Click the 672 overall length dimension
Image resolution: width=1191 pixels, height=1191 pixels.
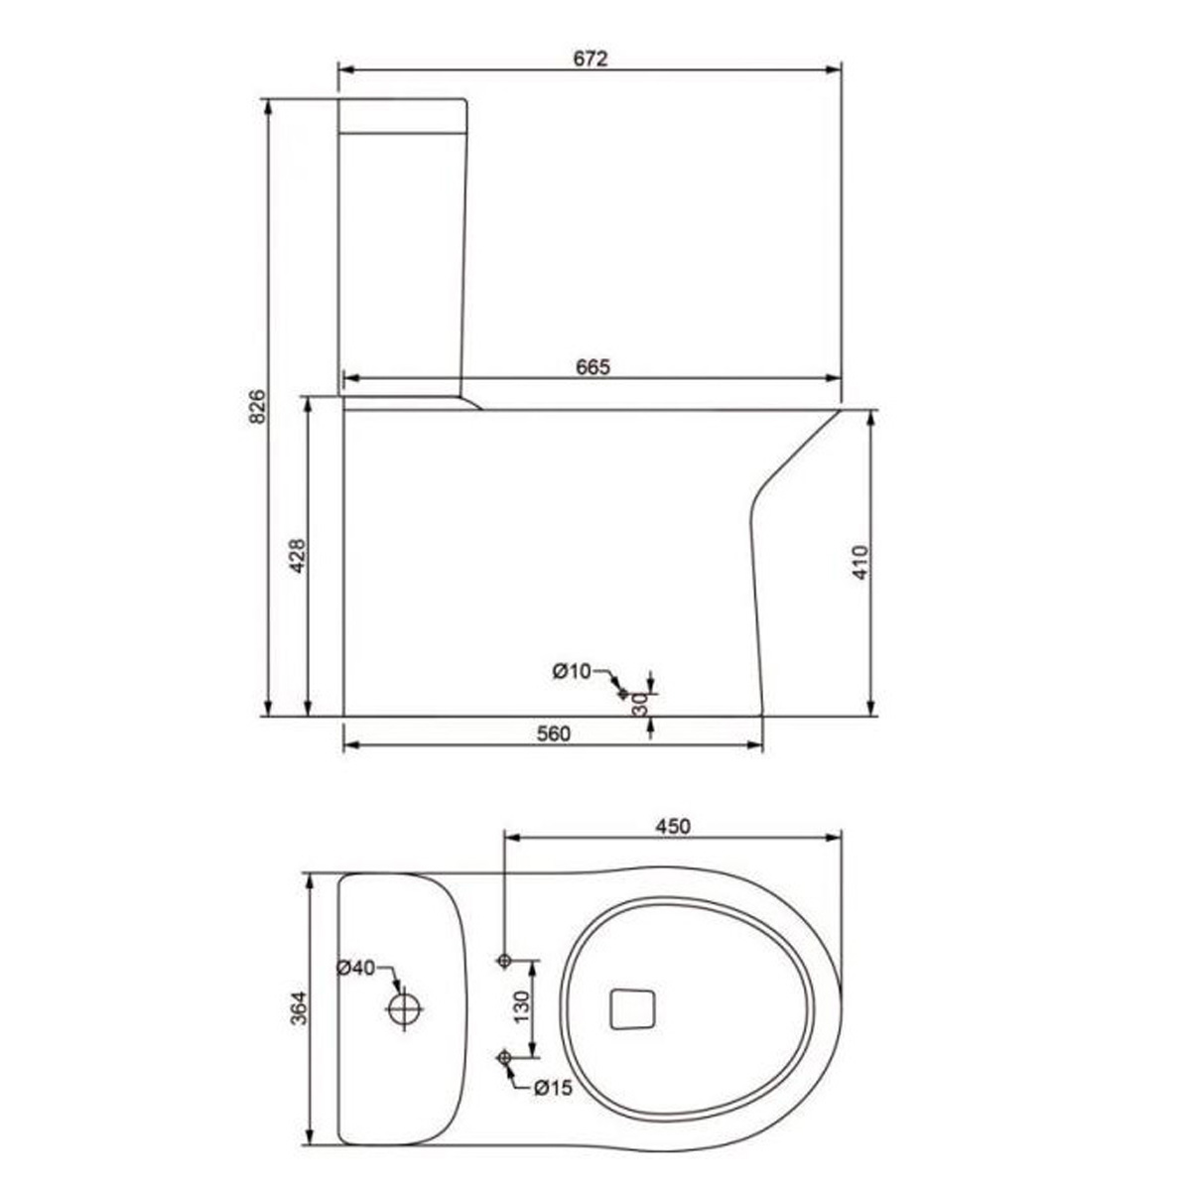[x=591, y=59]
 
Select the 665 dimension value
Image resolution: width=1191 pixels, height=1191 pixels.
[x=593, y=366]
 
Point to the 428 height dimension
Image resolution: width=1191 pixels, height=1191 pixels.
[x=298, y=556]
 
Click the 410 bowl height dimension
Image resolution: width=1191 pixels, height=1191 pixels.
[x=860, y=562]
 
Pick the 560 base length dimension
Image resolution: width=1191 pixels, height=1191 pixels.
[x=553, y=733]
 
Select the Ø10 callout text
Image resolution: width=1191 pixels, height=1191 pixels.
[x=572, y=671]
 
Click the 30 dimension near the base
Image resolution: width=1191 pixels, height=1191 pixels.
[x=641, y=704]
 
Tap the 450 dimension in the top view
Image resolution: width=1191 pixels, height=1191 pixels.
[x=673, y=826]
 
